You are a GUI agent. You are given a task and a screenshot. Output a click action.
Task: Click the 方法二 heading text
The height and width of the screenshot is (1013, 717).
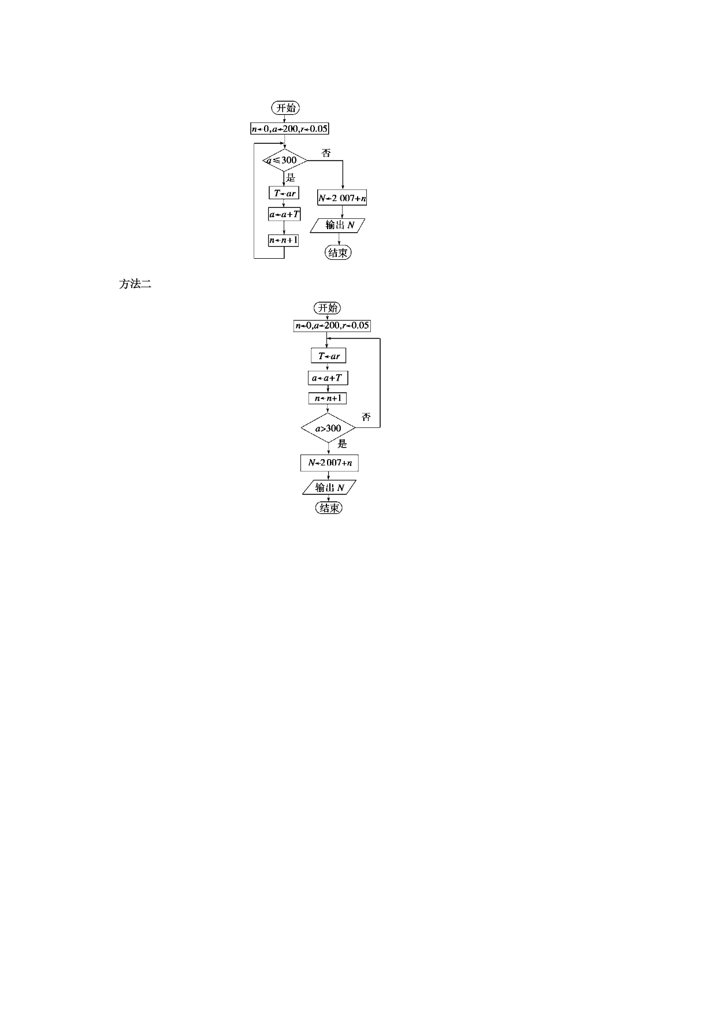pyautogui.click(x=135, y=284)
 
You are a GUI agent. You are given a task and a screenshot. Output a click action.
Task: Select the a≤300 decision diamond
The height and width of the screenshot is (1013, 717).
pyautogui.click(x=284, y=160)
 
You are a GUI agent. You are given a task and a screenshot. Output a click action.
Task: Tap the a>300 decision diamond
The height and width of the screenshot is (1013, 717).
pyautogui.click(x=328, y=428)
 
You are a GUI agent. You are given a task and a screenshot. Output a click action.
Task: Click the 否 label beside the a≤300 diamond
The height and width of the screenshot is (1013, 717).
pyautogui.click(x=326, y=153)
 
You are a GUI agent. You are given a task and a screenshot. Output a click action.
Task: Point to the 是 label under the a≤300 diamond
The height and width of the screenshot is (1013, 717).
pyautogui.click(x=291, y=177)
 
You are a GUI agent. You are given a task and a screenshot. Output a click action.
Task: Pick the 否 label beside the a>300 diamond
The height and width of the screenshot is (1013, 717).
pyautogui.click(x=366, y=417)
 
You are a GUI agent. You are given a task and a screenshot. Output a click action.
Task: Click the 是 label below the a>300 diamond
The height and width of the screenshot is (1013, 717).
pyautogui.click(x=343, y=444)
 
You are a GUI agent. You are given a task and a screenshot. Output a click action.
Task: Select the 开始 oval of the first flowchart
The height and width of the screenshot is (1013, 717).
pyautogui.click(x=285, y=108)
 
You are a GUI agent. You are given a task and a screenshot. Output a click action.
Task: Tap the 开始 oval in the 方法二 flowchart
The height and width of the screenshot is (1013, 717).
pyautogui.click(x=328, y=308)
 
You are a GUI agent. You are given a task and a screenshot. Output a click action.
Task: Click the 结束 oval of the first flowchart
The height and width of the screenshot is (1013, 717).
pyautogui.click(x=338, y=252)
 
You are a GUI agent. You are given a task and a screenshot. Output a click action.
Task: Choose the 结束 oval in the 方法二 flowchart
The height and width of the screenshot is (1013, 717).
pyautogui.click(x=329, y=508)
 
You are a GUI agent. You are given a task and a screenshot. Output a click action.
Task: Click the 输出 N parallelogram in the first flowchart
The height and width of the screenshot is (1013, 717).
pyautogui.click(x=339, y=225)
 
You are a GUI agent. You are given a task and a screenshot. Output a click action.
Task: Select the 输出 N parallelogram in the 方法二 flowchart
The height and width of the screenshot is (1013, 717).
pyautogui.click(x=329, y=487)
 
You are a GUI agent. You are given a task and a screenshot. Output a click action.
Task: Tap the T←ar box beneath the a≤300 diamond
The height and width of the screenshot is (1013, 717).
pyautogui.click(x=284, y=193)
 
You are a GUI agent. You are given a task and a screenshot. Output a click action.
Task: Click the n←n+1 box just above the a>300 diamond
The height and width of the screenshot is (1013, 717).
pyautogui.click(x=328, y=398)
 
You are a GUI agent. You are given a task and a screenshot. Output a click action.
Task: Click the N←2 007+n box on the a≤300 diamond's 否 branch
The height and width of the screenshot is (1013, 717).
pyautogui.click(x=342, y=198)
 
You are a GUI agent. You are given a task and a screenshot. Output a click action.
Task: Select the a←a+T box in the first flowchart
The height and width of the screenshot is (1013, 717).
pyautogui.click(x=284, y=214)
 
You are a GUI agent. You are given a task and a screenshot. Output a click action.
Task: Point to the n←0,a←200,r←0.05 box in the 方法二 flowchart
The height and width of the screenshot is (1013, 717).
pyautogui.click(x=332, y=326)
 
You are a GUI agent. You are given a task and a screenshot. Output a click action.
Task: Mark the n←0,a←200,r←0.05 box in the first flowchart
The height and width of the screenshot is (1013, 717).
pyautogui.click(x=289, y=129)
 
